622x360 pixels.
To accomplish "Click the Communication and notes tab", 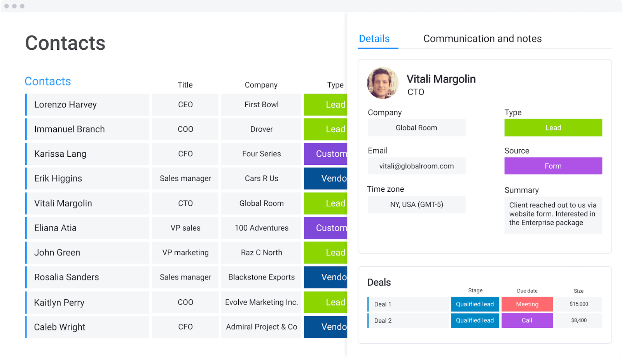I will coord(482,38).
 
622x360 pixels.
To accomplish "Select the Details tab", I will coord(374,38).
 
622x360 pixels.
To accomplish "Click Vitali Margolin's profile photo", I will coord(383,83).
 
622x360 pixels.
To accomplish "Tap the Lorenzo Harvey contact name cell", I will coord(88,105).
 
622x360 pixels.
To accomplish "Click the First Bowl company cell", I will coord(261,105).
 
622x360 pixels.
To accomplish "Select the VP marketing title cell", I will coord(185,253).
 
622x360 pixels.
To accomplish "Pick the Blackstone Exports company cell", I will coord(261,277).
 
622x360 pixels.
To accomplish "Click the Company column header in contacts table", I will coord(261,85).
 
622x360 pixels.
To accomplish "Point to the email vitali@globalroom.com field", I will coord(416,166).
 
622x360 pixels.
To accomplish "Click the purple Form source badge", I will coord(553,166).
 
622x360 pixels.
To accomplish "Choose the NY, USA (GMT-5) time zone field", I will coord(416,204).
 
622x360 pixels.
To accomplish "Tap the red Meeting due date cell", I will coord(527,304).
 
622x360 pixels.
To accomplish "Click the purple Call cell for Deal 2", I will coord(527,320).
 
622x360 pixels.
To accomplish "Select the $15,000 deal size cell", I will coord(578,304).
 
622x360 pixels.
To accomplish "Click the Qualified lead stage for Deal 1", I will coord(475,304).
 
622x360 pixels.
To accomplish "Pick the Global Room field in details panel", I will coord(416,128).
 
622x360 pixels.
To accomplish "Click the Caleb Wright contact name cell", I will coord(88,327).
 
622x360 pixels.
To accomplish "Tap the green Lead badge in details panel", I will coord(553,128).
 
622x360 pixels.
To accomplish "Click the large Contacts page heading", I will coord(65,43).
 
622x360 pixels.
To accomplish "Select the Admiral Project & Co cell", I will coord(261,327).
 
